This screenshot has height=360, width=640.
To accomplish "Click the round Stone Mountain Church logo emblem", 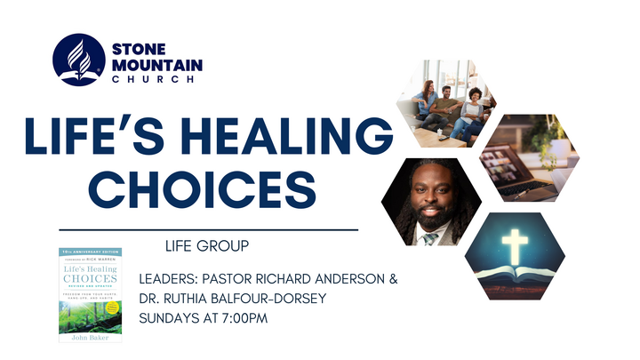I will (79, 60).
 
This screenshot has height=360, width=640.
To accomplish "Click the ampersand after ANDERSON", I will (392, 279).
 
